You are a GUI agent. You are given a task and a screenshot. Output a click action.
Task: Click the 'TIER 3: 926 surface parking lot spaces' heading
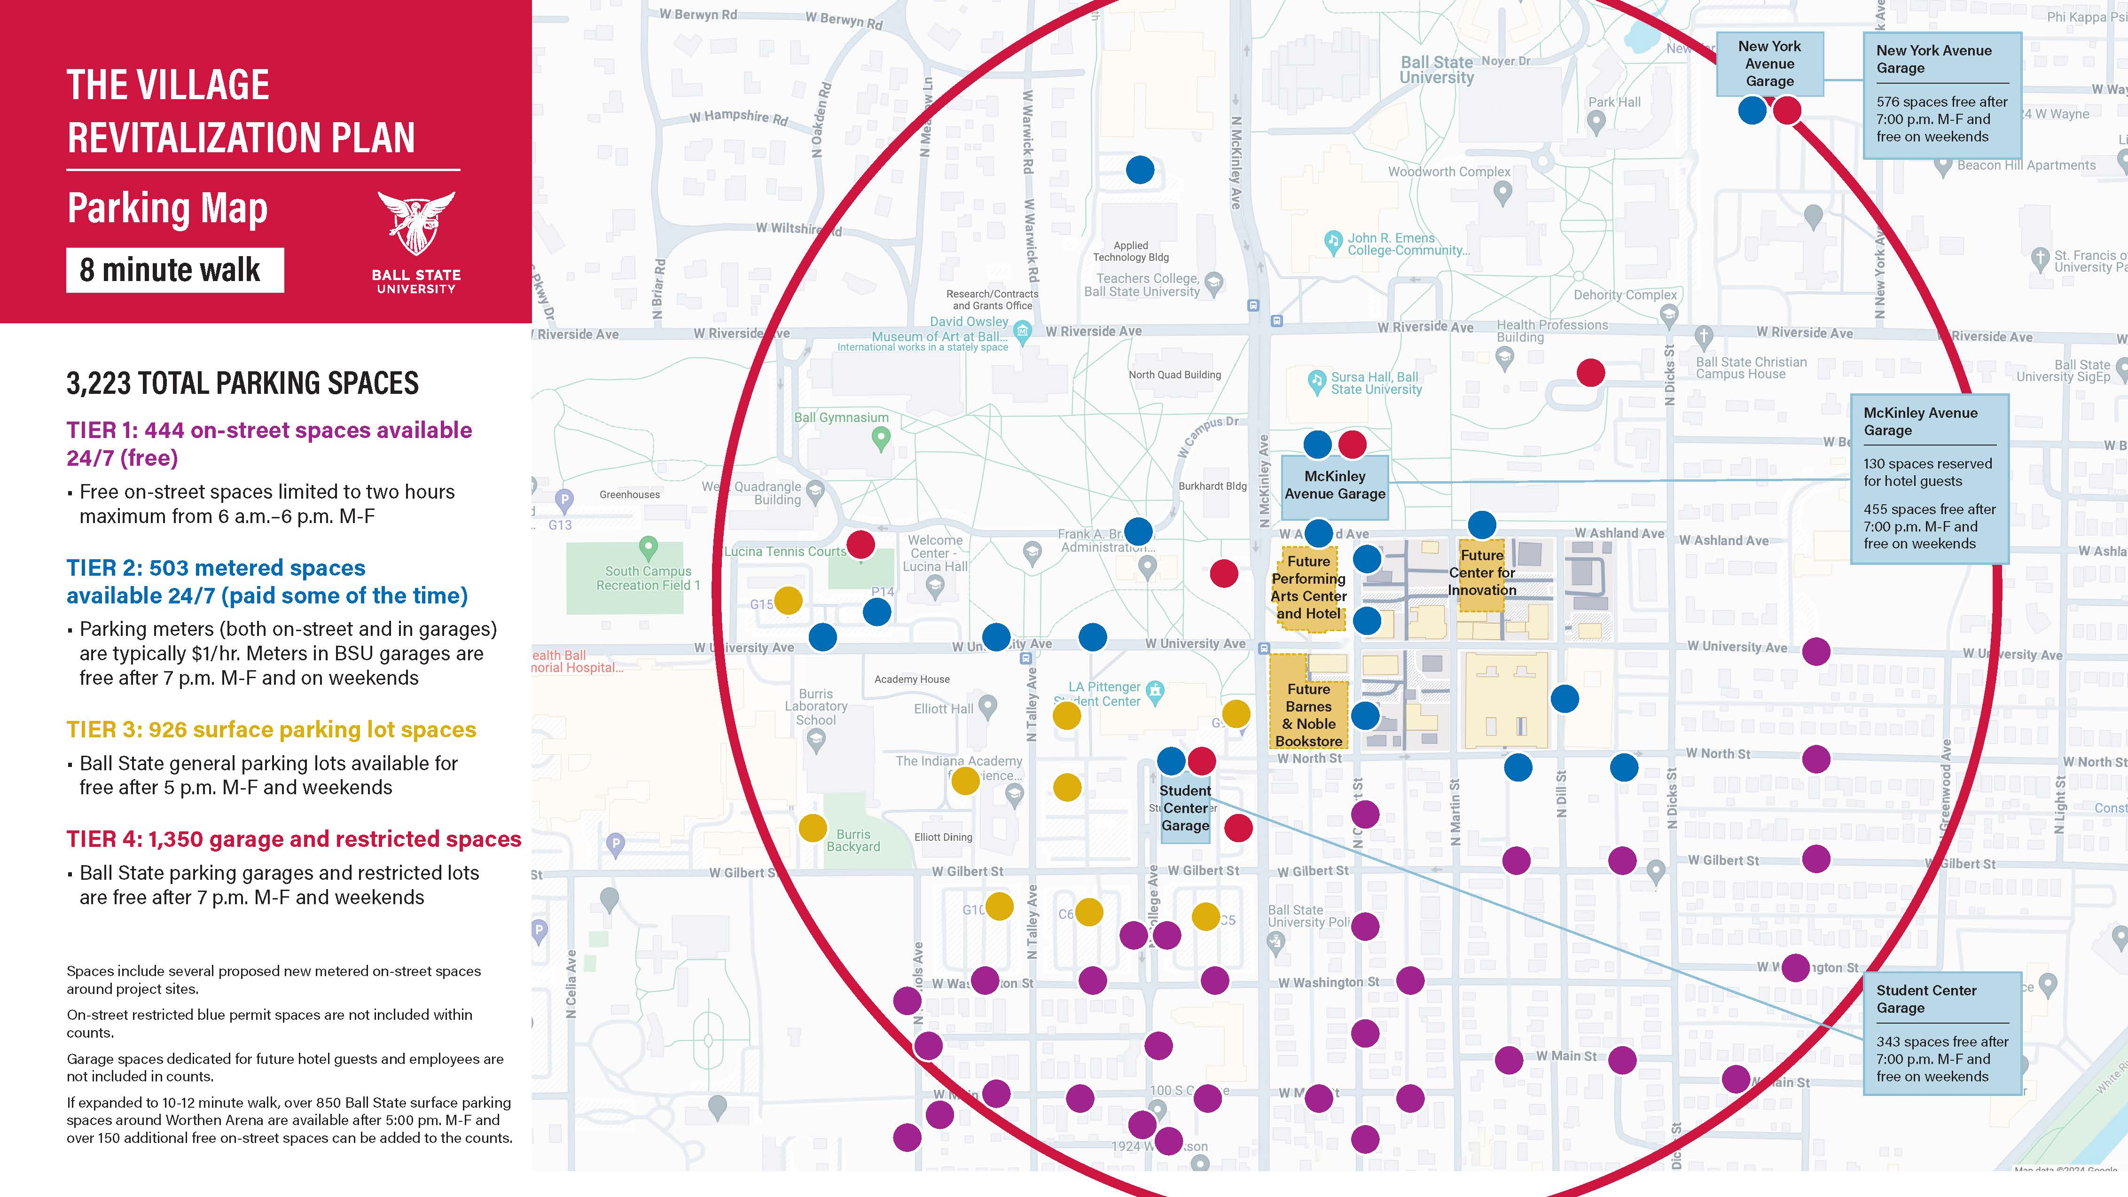271,729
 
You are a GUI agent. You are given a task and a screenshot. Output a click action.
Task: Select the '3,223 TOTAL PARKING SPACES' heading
242,383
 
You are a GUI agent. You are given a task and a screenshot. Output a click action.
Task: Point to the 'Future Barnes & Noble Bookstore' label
1308,714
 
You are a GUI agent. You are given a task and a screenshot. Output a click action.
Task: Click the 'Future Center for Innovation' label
1482,572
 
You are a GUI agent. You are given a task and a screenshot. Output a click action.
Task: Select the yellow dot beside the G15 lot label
788,601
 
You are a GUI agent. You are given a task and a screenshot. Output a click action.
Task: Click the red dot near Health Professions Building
1590,373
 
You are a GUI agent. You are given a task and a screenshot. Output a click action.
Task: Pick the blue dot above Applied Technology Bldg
1140,170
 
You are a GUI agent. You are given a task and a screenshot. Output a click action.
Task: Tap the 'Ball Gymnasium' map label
841,418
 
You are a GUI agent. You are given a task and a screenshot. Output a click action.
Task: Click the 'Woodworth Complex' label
1449,172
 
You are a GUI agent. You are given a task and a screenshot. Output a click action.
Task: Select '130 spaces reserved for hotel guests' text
1927,472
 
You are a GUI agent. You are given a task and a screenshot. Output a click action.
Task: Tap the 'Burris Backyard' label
853,840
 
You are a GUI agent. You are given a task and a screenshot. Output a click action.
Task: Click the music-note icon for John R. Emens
1332,242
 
